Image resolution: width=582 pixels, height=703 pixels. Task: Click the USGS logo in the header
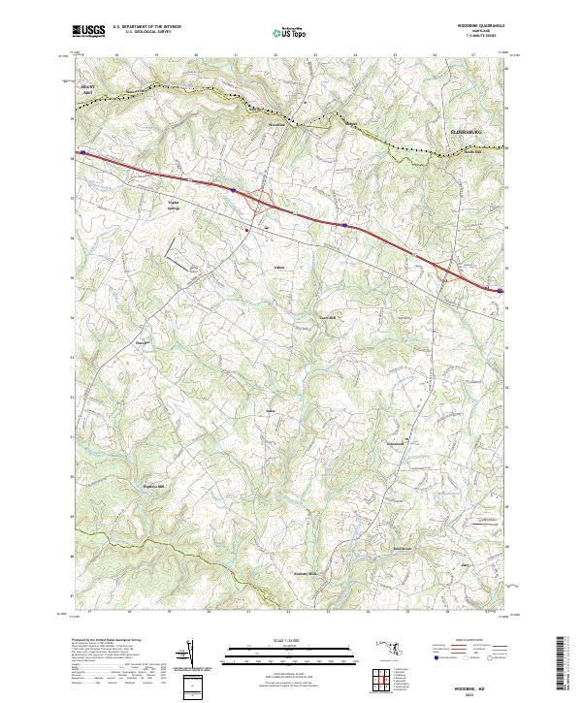tap(90, 32)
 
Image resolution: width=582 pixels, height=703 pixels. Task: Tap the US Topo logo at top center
tap(290, 33)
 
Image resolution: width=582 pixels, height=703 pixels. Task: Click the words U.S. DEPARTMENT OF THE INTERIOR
tap(154, 26)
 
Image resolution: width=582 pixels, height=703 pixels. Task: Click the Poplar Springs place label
tap(169, 206)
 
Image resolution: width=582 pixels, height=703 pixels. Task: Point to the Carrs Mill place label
tap(327, 317)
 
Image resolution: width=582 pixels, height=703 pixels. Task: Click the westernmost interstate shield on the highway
tap(84, 152)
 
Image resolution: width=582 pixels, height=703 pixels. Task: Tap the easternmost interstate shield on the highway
tap(500, 289)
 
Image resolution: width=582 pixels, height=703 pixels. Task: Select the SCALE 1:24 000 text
tap(291, 639)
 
